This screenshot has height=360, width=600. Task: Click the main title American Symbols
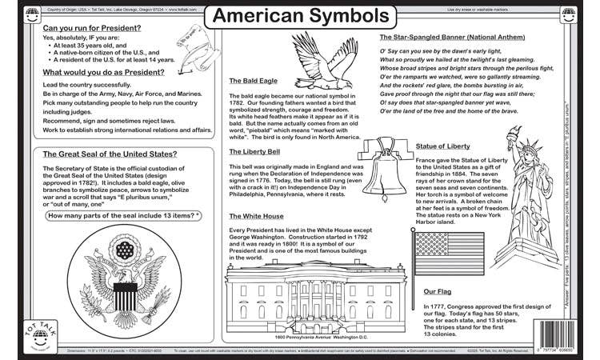coord(300,16)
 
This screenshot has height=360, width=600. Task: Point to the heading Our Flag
coord(439,292)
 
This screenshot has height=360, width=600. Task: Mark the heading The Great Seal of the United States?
coord(110,154)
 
